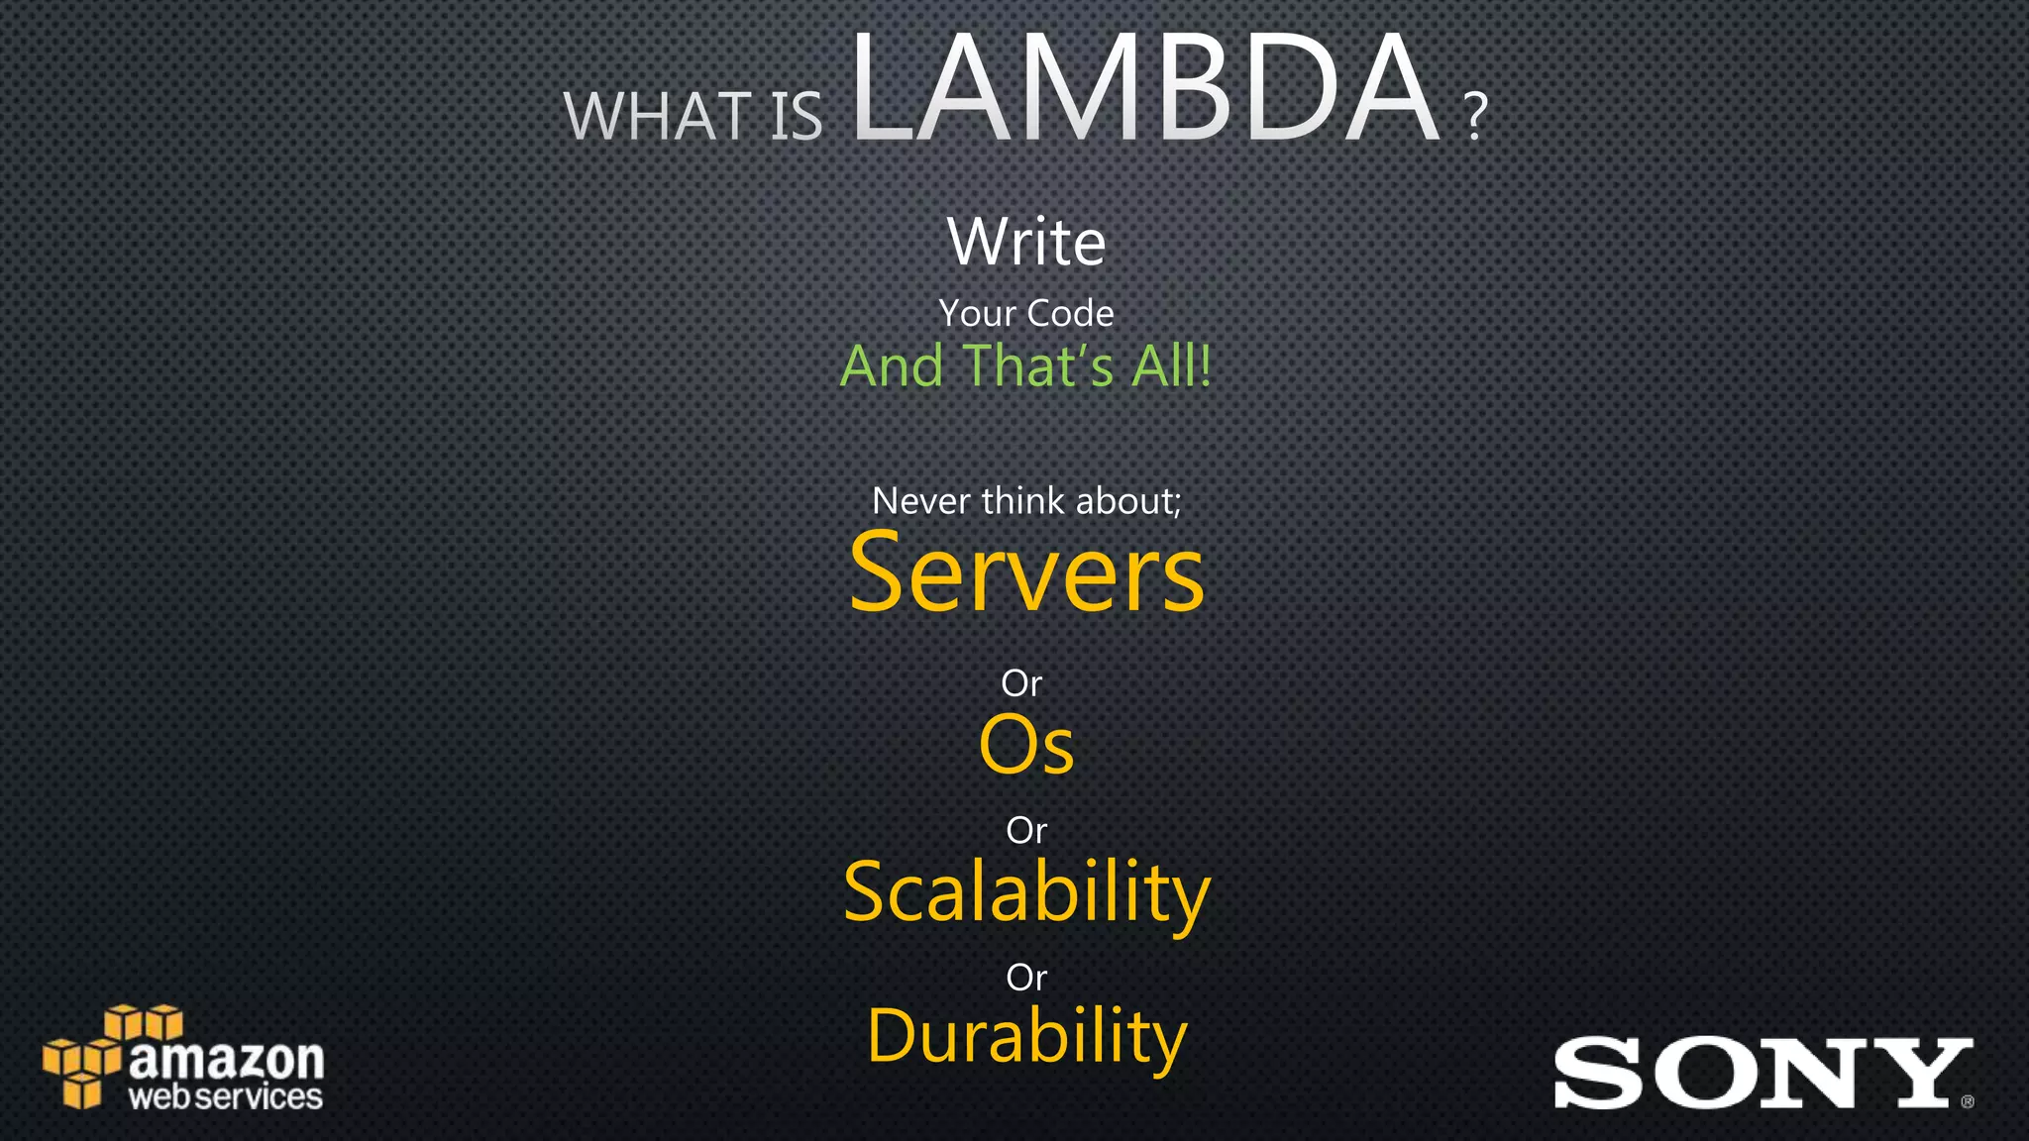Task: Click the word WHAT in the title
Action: click(x=657, y=117)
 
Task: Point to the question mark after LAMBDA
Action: click(x=1475, y=117)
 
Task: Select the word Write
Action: click(x=1026, y=242)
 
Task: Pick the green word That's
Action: click(x=1038, y=365)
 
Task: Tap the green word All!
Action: click(x=1172, y=365)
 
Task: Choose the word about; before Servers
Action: click(x=1128, y=501)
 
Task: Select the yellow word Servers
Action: click(x=1026, y=574)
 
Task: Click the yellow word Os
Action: click(x=1026, y=745)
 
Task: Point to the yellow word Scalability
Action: click(x=1026, y=892)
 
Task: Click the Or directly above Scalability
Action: click(x=1026, y=830)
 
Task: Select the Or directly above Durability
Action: click(x=1026, y=978)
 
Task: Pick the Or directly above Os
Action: click(x=1021, y=683)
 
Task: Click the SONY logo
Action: click(x=1759, y=1073)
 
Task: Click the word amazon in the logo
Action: click(x=227, y=1060)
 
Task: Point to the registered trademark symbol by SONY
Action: click(x=1967, y=1101)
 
